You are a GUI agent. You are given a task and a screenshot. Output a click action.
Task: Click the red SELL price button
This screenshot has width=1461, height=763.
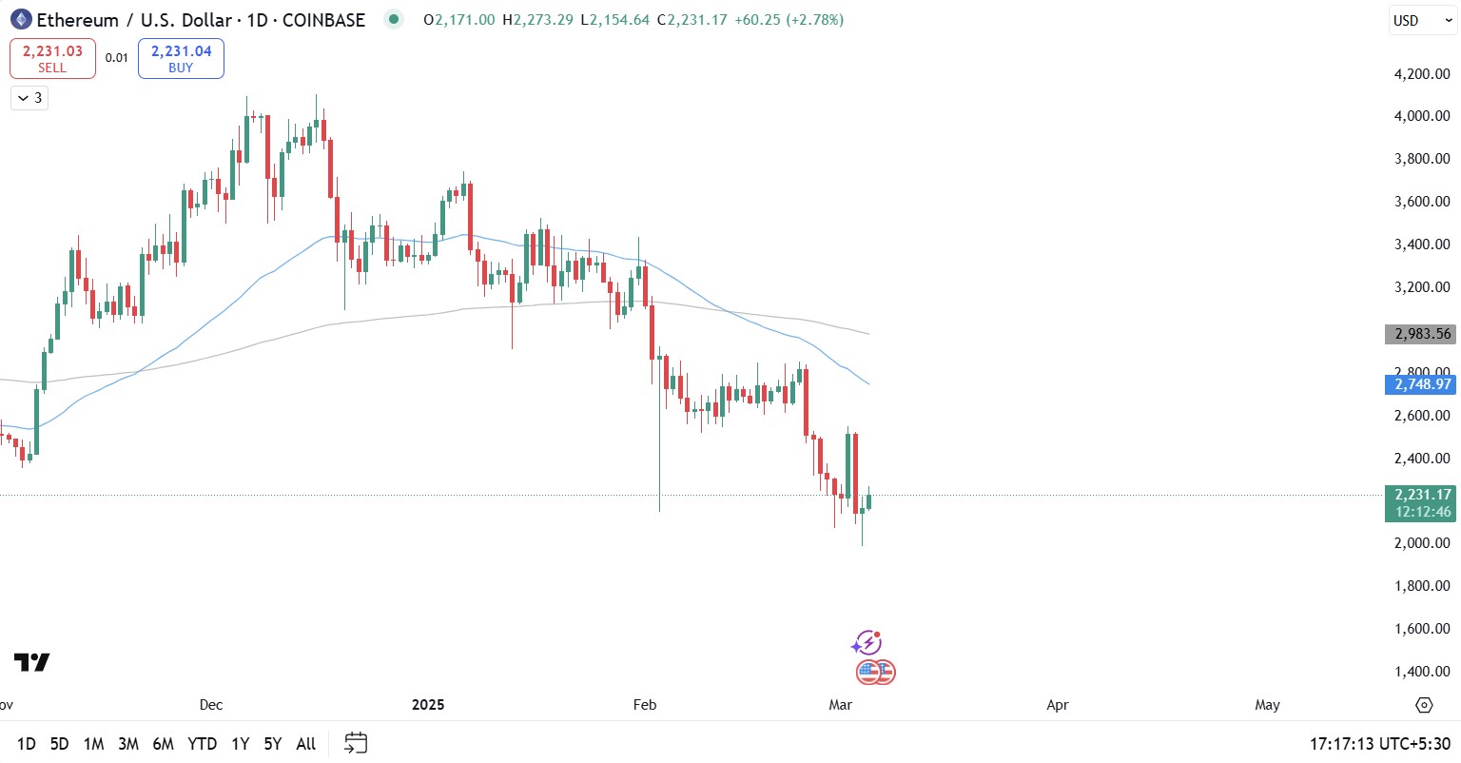pyautogui.click(x=52, y=58)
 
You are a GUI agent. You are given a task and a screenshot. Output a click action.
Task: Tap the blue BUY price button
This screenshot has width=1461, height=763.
pyautogui.click(x=181, y=58)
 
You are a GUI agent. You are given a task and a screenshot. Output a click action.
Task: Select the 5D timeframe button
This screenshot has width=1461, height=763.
pyautogui.click(x=59, y=744)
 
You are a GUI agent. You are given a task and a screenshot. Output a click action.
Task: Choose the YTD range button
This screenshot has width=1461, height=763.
pyautogui.click(x=202, y=744)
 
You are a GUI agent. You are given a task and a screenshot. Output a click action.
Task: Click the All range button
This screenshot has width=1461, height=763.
pyautogui.click(x=305, y=744)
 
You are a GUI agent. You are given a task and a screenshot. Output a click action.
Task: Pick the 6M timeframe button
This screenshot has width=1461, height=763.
pyautogui.click(x=163, y=744)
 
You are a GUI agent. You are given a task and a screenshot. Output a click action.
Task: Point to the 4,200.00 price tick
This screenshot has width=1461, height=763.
pyautogui.click(x=1422, y=74)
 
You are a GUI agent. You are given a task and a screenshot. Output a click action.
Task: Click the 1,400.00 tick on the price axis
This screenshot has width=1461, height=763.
pyautogui.click(x=1422, y=672)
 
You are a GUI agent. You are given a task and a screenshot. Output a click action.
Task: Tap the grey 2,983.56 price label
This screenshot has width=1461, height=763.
pyautogui.click(x=1422, y=334)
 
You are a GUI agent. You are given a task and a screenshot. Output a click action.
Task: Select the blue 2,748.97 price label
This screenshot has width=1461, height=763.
pyautogui.click(x=1422, y=384)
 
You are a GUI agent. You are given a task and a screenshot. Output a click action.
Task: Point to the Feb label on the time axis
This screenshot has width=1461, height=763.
pyautogui.click(x=645, y=705)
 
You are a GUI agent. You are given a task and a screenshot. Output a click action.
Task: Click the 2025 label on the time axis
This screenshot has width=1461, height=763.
pyautogui.click(x=428, y=705)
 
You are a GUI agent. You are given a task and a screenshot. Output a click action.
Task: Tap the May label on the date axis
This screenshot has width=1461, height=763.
pyautogui.click(x=1267, y=705)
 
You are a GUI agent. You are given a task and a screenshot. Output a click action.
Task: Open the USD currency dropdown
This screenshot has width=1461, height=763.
pyautogui.click(x=1422, y=20)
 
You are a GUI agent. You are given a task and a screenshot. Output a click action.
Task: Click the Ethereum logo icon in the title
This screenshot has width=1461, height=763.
pyautogui.click(x=21, y=19)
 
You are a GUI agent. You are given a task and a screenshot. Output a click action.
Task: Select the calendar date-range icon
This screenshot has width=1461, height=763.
pyautogui.click(x=356, y=743)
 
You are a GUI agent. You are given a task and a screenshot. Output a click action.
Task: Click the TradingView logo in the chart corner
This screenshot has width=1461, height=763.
pyautogui.click(x=31, y=662)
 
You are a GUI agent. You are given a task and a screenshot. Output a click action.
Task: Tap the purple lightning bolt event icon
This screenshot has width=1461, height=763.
pyautogui.click(x=867, y=643)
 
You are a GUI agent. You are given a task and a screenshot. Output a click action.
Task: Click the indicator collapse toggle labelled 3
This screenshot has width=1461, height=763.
pyautogui.click(x=29, y=98)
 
